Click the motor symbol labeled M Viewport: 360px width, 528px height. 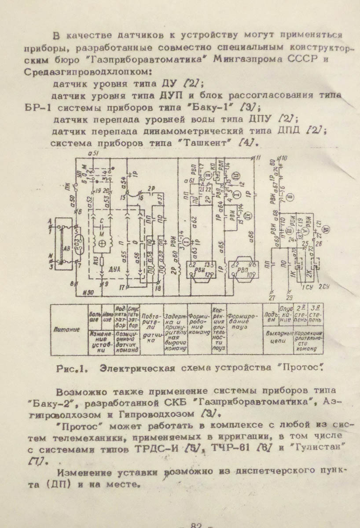point(103,243)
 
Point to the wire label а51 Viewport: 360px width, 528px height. point(94,153)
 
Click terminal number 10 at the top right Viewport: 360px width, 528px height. point(284,158)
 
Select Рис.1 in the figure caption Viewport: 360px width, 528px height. point(73,369)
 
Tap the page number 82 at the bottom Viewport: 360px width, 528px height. point(196,524)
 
